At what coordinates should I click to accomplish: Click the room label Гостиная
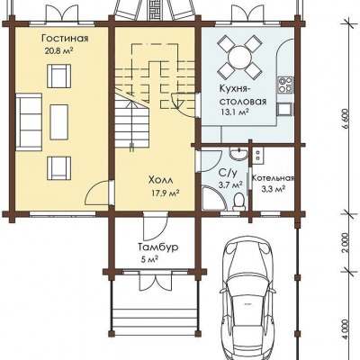pos(65,39)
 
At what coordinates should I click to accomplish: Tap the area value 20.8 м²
pos(59,50)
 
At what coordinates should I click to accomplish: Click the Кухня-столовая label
pos(243,95)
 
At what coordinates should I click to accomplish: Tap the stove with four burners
pos(285,85)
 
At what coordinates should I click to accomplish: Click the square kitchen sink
pos(284,109)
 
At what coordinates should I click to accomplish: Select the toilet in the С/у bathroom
pos(238,201)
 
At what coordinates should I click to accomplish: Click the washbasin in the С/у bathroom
pos(238,154)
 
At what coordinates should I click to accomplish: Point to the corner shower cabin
pos(213,197)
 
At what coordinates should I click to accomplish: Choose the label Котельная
pos(273,178)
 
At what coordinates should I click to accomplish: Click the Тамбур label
pos(158,247)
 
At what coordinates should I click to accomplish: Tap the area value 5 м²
pos(149,259)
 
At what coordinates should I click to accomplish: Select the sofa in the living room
pos(29,121)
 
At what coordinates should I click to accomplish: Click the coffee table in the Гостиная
pos(59,121)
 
